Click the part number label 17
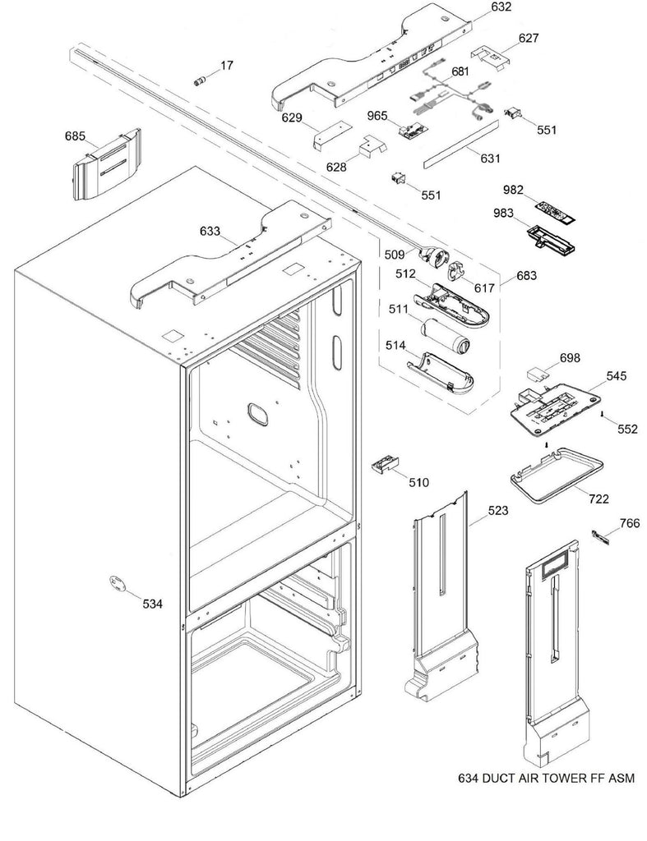[224, 64]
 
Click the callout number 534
[152, 604]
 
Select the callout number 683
[527, 276]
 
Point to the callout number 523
[497, 511]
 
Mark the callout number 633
[211, 232]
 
